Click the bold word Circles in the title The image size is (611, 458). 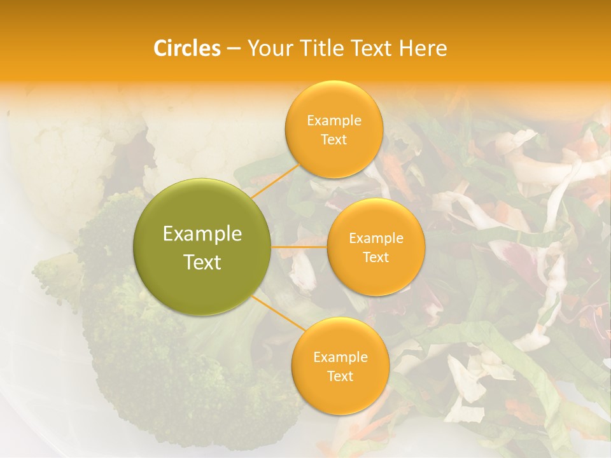click(x=186, y=48)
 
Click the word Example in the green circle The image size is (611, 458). click(x=202, y=234)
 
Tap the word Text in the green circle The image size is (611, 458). click(x=202, y=262)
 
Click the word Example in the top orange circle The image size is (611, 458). click(x=334, y=121)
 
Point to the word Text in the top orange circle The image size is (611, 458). click(x=334, y=140)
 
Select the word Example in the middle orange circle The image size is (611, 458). click(x=376, y=239)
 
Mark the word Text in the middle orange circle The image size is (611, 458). click(x=376, y=258)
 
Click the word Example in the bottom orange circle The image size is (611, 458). click(x=341, y=357)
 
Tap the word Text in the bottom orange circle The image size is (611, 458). click(x=340, y=377)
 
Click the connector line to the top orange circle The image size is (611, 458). click(x=275, y=179)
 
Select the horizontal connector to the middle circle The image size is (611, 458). click(x=299, y=246)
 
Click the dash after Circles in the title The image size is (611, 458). click(x=234, y=48)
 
